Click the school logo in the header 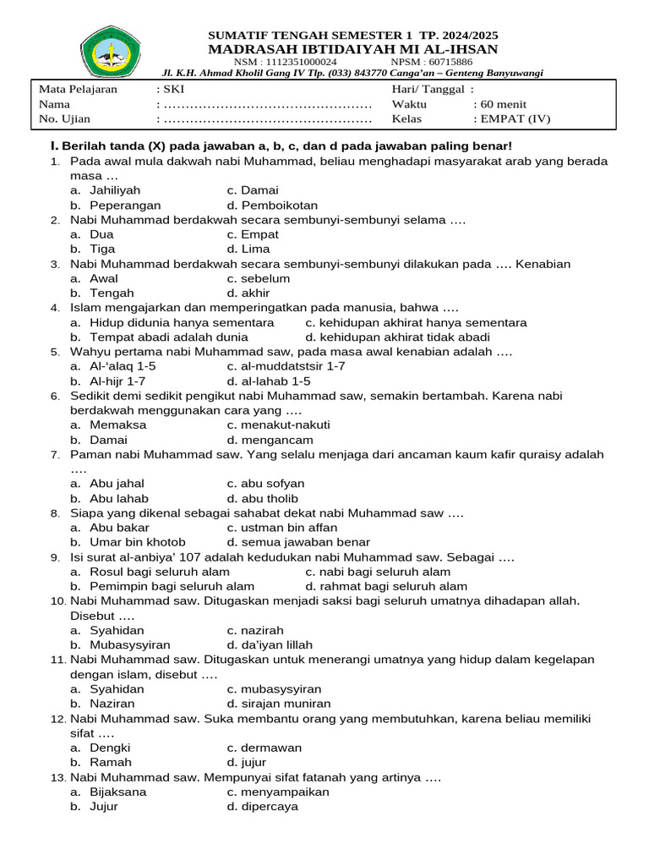tap(113, 51)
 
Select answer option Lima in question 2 tap(256, 249)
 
